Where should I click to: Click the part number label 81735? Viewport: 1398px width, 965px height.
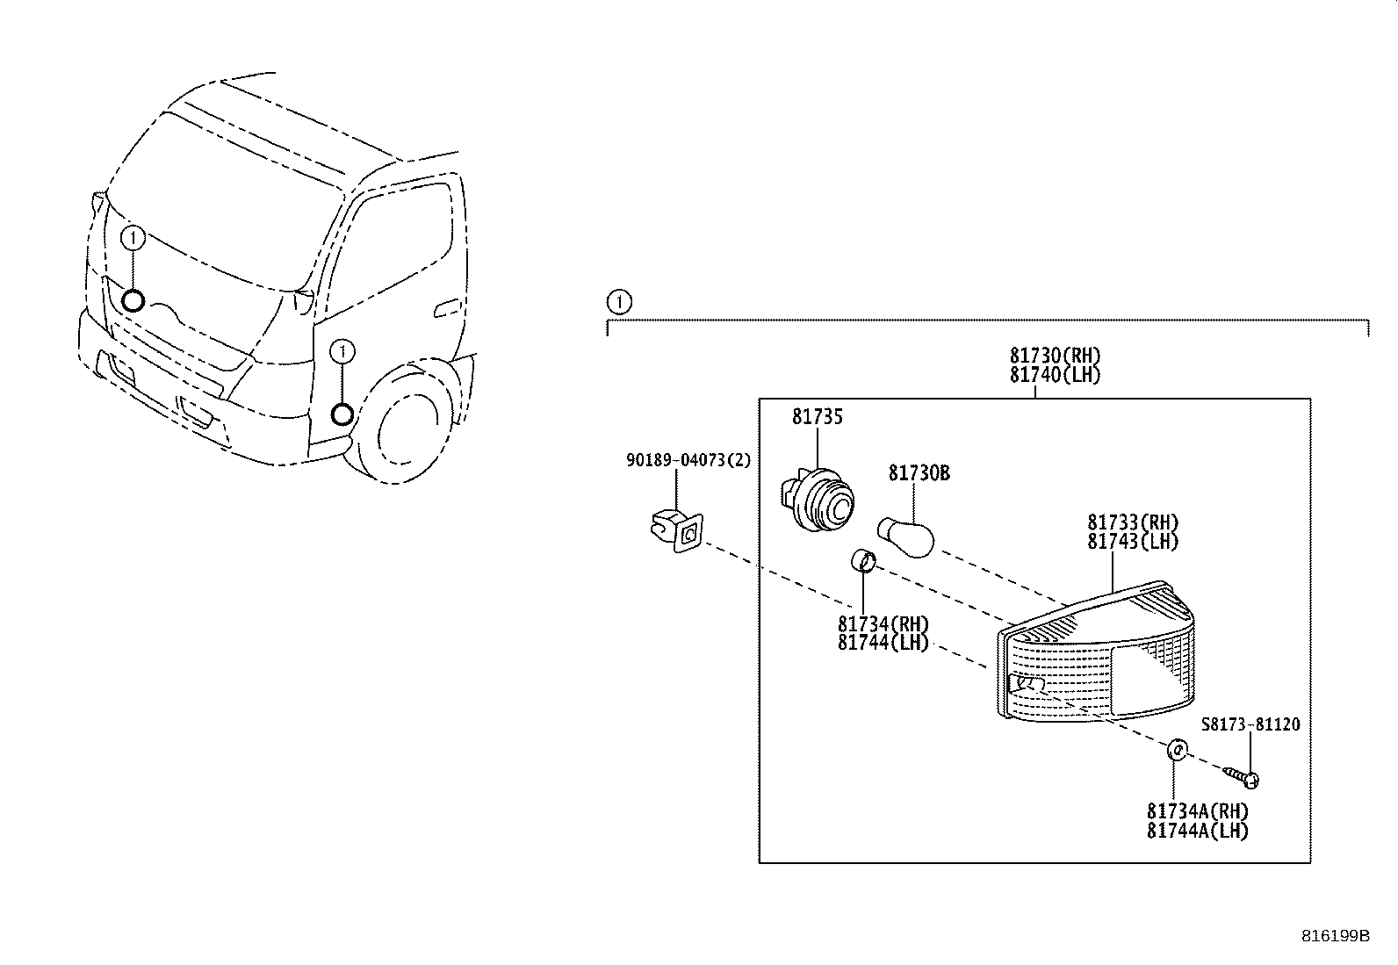[817, 417]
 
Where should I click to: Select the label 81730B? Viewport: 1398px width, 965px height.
[919, 473]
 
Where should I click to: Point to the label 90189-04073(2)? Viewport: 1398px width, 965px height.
[688, 460]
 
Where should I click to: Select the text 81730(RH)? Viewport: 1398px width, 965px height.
[1054, 356]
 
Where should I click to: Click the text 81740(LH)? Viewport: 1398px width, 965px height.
[1054, 375]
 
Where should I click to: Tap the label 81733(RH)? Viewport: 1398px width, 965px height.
[1133, 522]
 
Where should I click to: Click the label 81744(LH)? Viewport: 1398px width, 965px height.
[883, 643]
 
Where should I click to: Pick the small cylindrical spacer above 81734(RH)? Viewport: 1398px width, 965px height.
[862, 559]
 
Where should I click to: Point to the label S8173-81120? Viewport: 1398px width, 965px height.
[1250, 724]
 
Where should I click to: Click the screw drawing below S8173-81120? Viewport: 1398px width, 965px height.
[1243, 776]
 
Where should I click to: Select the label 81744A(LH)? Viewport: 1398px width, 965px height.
[1197, 831]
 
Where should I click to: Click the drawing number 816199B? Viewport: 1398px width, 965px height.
[1335, 936]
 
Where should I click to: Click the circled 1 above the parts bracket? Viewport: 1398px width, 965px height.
[619, 303]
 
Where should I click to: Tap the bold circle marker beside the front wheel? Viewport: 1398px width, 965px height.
[342, 413]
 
